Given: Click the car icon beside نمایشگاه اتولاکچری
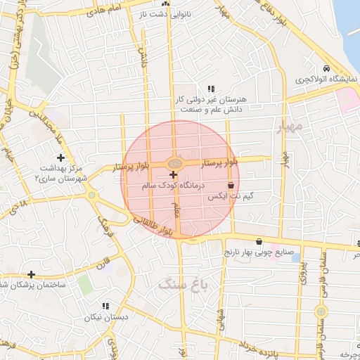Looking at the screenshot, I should click(327, 68).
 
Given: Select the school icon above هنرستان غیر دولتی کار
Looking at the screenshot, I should click(210, 89).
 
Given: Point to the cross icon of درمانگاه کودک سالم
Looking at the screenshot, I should click(173, 174).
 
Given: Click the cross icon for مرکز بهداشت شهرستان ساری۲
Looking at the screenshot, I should click(60, 157).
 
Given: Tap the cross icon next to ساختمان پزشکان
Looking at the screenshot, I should click(31, 274).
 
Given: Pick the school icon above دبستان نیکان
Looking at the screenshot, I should click(105, 306).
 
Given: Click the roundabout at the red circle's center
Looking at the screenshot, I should click(174, 164).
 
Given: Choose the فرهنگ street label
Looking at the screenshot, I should click(103, 229).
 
